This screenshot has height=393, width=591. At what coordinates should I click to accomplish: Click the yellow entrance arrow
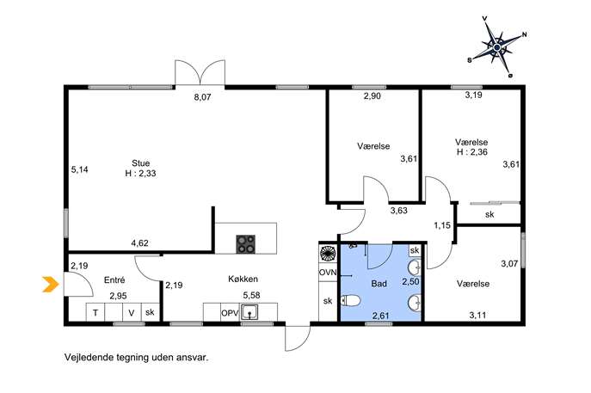click(51, 284)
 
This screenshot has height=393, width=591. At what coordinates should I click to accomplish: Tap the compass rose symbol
click(496, 46)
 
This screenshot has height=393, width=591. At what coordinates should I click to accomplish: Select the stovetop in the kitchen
click(246, 243)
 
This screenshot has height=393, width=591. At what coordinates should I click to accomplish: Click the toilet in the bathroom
click(351, 301)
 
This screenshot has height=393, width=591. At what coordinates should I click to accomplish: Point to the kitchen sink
click(249, 312)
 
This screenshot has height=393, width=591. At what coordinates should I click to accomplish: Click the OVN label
click(328, 273)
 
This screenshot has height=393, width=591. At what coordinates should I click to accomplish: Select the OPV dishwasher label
click(230, 313)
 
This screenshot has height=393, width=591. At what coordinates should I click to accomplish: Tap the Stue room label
click(140, 163)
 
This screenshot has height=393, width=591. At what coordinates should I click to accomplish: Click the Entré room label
click(114, 280)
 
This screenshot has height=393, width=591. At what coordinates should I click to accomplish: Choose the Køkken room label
click(243, 279)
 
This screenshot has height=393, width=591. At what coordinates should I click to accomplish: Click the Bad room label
click(379, 283)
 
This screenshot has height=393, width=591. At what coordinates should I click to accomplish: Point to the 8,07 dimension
click(202, 97)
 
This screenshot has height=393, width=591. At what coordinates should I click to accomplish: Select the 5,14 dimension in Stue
click(79, 170)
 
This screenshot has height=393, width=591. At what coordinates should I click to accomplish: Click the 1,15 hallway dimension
click(442, 225)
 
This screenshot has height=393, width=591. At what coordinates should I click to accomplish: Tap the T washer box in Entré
click(95, 312)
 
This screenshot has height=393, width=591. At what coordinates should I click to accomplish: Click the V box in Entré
click(132, 312)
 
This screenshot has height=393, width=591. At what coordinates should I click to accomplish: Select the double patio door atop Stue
click(200, 72)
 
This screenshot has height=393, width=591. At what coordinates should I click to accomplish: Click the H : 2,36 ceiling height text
click(472, 152)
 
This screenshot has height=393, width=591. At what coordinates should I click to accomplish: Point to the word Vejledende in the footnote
click(89, 357)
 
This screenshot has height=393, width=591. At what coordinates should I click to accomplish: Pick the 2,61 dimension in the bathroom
click(381, 316)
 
